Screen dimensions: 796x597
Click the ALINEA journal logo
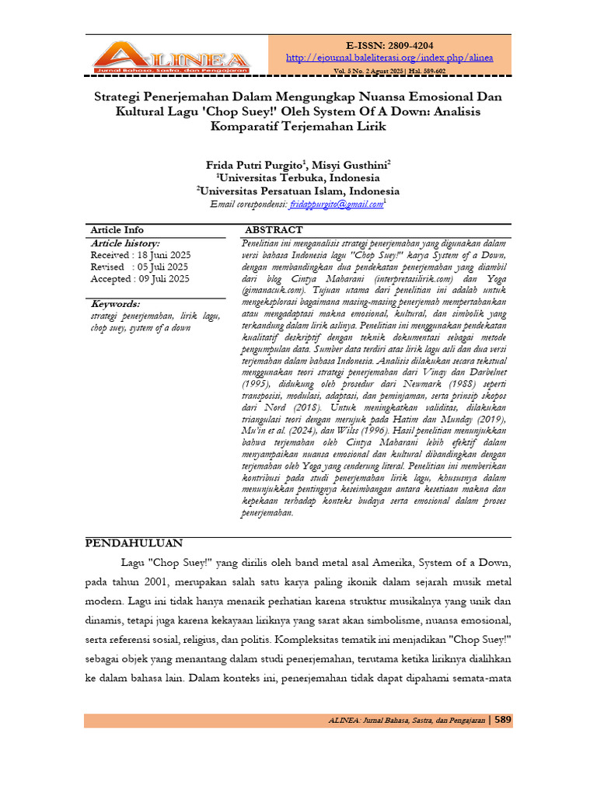coord(171,57)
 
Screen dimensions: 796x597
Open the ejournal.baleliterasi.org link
coord(389,58)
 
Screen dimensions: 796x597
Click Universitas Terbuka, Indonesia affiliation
coord(298,177)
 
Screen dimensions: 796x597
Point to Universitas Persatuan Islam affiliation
coord(298,190)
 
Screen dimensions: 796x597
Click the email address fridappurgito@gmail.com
coord(336,204)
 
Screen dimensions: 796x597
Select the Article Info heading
coord(117,230)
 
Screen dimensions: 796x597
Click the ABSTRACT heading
coord(274,230)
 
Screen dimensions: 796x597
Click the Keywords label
coord(115,304)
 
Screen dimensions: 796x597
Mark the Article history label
coord(125,243)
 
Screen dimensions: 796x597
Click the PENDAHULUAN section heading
coord(134,543)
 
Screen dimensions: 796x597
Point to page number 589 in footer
coord(503,720)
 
